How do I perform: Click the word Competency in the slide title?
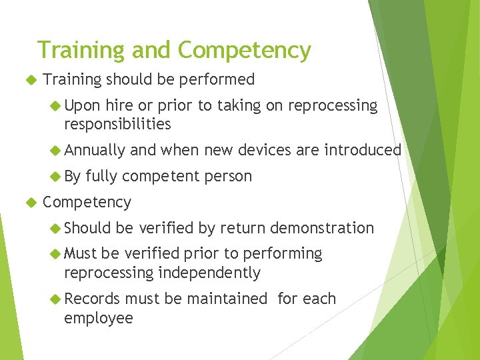coord(244,51)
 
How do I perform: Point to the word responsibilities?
coord(117,124)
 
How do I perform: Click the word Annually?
coord(95,150)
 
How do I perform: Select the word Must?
coord(81,254)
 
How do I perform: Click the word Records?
coord(92,299)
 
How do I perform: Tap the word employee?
coord(99,318)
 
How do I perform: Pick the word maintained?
coord(227,299)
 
